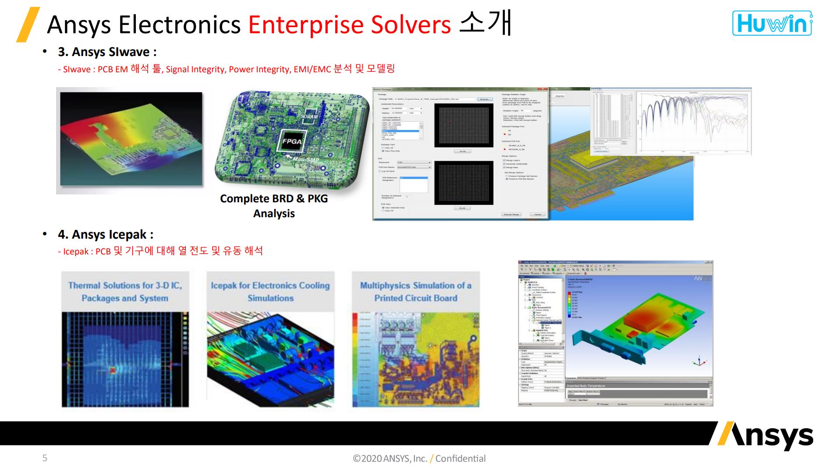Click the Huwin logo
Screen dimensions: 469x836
772,23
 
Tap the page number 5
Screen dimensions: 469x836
45,458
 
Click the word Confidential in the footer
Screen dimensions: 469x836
460,458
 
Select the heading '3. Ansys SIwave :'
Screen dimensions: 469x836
107,52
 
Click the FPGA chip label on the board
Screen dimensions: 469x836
292,141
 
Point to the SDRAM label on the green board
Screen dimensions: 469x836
309,116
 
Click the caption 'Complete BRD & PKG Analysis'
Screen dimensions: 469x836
274,206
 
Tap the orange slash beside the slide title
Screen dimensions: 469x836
28,25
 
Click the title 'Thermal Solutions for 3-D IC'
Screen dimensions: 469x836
125,292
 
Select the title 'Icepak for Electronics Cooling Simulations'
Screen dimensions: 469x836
270,292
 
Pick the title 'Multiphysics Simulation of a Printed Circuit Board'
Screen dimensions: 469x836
416,292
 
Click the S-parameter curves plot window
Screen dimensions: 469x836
694,122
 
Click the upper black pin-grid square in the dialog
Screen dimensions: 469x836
464,120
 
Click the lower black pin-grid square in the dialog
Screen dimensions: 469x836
464,183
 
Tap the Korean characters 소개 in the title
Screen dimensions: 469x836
485,23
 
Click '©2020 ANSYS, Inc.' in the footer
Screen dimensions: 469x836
390,458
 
